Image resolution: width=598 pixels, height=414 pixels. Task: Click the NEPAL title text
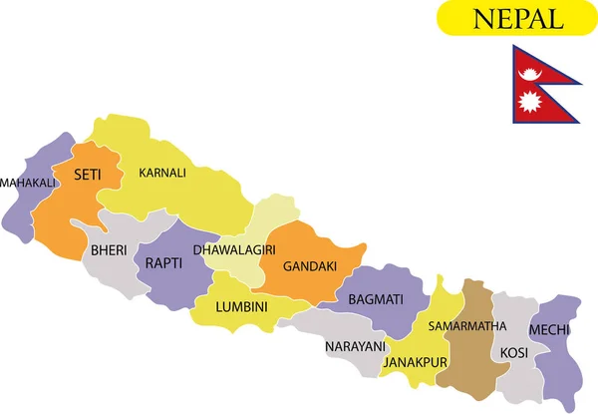click(516, 18)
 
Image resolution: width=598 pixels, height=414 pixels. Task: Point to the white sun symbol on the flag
click(529, 101)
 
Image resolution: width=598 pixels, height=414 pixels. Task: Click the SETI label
click(87, 176)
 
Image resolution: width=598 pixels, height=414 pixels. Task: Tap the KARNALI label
click(162, 173)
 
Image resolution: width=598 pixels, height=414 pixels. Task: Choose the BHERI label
click(109, 250)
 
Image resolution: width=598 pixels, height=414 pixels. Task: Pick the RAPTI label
click(163, 263)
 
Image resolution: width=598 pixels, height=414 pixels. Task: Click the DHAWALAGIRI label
click(234, 249)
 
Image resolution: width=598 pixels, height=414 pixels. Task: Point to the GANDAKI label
click(309, 266)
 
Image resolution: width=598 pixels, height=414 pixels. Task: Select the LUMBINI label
click(241, 307)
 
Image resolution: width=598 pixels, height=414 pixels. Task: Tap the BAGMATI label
click(375, 299)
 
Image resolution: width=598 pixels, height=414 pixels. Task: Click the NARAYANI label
click(354, 346)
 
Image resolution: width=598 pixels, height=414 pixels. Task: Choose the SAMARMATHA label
click(461, 326)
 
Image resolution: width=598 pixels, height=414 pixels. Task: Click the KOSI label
click(514, 353)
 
